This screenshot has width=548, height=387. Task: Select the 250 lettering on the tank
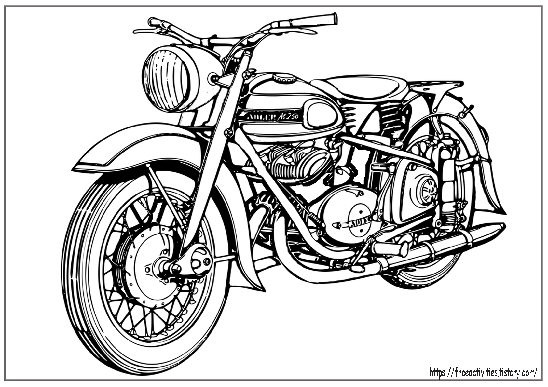[294, 117]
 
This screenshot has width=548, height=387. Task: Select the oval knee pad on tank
[321, 114]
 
